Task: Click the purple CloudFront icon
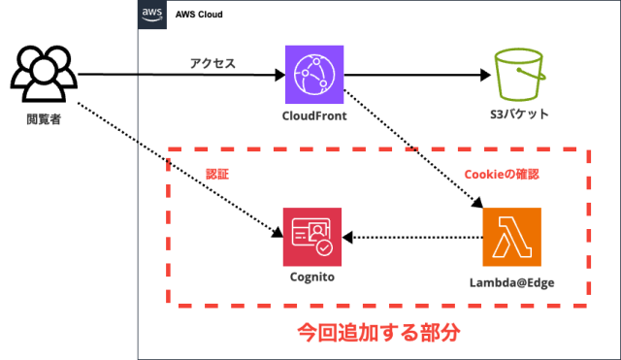(x=314, y=74)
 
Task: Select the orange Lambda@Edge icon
(x=511, y=237)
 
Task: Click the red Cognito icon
(x=312, y=237)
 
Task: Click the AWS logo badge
(x=151, y=15)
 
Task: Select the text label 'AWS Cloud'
(x=202, y=16)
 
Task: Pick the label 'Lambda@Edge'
(x=511, y=282)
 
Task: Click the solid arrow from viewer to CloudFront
(x=180, y=75)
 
